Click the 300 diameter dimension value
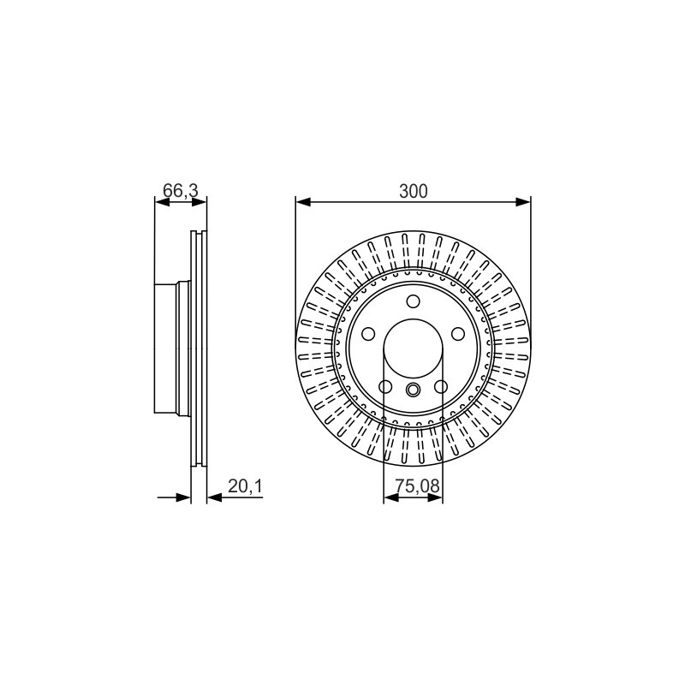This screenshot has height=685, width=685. coord(414,191)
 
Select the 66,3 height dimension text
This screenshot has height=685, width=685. coord(181,191)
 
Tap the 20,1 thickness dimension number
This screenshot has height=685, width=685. coord(245,486)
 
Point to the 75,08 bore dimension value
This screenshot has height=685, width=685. coord(417,485)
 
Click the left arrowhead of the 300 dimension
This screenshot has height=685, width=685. coord(303,202)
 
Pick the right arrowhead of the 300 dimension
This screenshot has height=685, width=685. coord(523,202)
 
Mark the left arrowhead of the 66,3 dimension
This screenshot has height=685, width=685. coord(162,202)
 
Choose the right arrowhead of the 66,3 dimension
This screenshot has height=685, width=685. coord(200,202)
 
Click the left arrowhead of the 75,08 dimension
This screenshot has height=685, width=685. coord(391,497)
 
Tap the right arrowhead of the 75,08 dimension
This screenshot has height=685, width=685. coord(435,497)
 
